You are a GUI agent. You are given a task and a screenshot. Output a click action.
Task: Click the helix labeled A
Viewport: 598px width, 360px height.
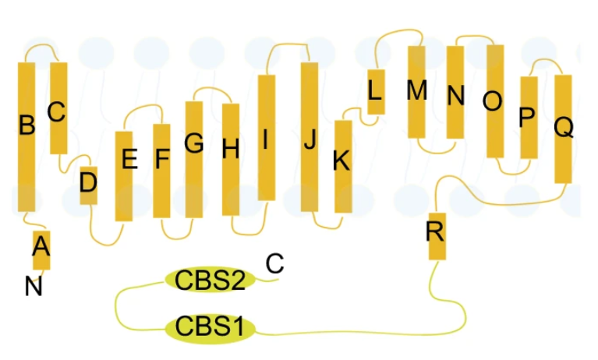click(41, 250)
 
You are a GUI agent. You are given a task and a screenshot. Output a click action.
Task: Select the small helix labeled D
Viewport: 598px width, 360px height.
click(88, 185)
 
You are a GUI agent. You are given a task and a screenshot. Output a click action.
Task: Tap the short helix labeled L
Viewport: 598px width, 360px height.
click(376, 92)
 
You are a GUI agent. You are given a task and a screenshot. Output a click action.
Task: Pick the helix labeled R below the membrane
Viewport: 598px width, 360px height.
click(437, 236)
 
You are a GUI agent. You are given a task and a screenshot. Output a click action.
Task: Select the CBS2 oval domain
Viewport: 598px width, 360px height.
click(210, 280)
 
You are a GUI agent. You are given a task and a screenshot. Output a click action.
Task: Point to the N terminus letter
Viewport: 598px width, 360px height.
click(34, 287)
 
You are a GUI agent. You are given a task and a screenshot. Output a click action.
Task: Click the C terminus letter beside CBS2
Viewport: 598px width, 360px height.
click(274, 263)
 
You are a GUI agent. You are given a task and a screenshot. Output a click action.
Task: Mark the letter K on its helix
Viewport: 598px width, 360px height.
click(341, 161)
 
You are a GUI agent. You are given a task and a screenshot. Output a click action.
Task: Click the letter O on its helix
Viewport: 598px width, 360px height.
click(493, 101)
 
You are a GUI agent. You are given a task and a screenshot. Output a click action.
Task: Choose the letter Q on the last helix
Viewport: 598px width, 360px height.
click(564, 126)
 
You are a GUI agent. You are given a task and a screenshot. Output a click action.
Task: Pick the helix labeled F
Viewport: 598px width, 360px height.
click(161, 171)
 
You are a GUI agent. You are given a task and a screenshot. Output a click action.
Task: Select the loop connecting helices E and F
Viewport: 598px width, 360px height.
click(143, 107)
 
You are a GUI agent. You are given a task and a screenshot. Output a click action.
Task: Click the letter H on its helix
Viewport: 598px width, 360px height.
click(231, 149)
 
